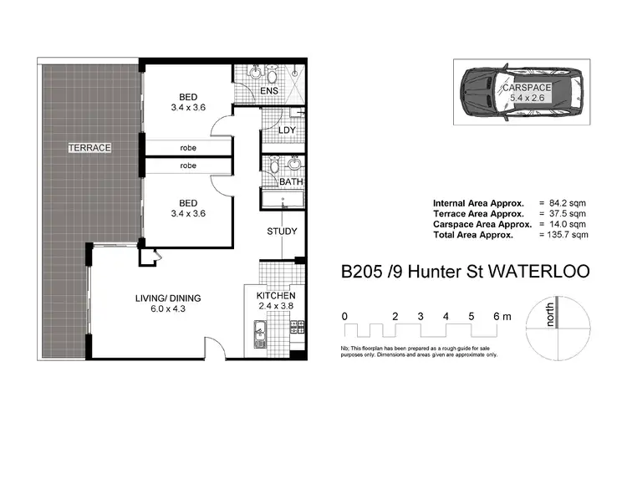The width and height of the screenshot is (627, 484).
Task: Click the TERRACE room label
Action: (x=89, y=147)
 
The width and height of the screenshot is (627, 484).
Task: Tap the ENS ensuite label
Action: (x=268, y=90)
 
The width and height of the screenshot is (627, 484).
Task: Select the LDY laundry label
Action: (x=286, y=130)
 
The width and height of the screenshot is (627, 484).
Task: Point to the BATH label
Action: (x=291, y=181)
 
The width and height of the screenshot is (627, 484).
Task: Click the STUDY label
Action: (x=282, y=232)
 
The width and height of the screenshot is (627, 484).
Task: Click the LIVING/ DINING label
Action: (x=168, y=298)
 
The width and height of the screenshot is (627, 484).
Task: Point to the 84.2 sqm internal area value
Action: (x=569, y=203)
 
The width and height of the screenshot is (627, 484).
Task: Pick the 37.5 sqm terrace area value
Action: (x=569, y=214)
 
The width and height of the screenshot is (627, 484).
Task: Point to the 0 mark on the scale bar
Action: (x=344, y=316)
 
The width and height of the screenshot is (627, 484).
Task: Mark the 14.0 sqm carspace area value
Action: (x=569, y=224)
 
